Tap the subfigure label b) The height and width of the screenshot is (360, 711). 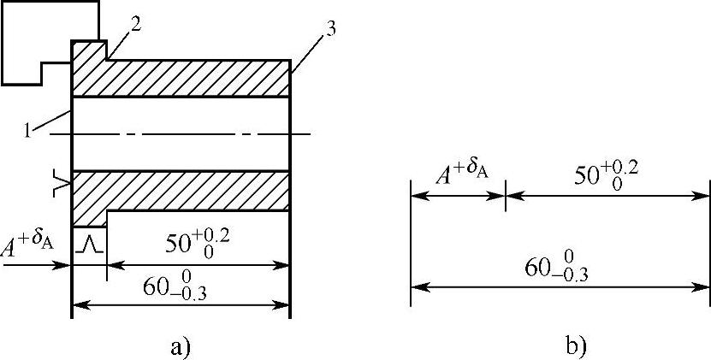point(575,346)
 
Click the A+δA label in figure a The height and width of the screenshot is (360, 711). point(30,246)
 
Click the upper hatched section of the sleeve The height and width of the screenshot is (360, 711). point(188,78)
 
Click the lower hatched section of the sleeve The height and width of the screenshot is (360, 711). point(188,190)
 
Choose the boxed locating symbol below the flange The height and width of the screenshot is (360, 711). point(89,243)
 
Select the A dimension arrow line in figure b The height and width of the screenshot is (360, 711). point(458,195)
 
